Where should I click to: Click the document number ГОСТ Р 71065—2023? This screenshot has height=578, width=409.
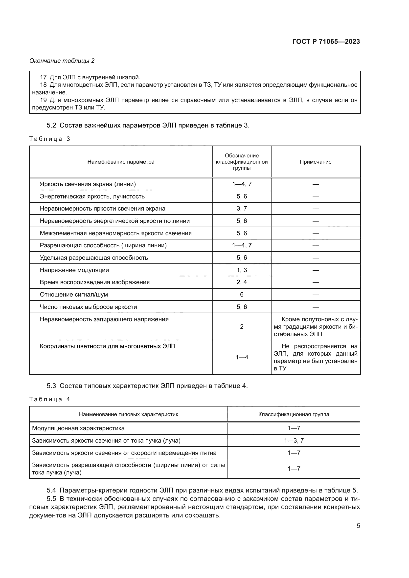(326, 42)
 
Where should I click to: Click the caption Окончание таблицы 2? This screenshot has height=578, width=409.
(62, 61)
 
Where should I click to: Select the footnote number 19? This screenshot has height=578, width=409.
(43, 100)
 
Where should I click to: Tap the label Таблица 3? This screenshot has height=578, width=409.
(50, 139)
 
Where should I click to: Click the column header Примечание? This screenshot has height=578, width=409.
(315, 162)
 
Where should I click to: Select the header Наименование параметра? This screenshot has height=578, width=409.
(121, 162)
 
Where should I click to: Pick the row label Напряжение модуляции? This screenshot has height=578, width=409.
(74, 270)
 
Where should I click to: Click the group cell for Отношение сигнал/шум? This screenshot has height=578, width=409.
(242, 295)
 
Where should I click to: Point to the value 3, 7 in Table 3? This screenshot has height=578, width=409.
(242, 209)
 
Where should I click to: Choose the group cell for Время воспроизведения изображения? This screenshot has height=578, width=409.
(242, 282)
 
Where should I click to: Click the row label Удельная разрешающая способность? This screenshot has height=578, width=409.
(94, 258)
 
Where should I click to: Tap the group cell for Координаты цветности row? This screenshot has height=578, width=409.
(242, 357)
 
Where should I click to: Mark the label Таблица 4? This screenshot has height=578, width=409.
(50, 399)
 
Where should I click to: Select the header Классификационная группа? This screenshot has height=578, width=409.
(294, 414)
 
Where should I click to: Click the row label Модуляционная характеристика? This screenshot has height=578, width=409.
(78, 428)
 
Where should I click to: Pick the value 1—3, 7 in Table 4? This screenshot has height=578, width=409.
(294, 441)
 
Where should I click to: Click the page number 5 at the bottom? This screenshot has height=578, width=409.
(358, 526)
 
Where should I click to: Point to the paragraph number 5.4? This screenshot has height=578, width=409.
(51, 490)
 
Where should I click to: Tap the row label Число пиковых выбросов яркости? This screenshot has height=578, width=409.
(88, 307)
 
